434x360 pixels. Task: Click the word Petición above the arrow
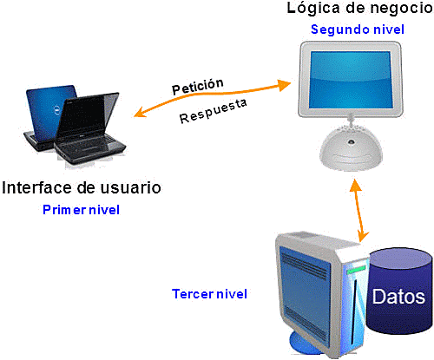coord(198,87)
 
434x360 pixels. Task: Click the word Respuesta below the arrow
coord(214,110)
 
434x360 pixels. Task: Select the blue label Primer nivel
coord(81,210)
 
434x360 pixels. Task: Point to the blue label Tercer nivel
coord(209,294)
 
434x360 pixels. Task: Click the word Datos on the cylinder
coord(398,297)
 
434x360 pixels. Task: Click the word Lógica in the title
coord(312,10)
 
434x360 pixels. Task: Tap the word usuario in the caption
coord(129,188)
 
